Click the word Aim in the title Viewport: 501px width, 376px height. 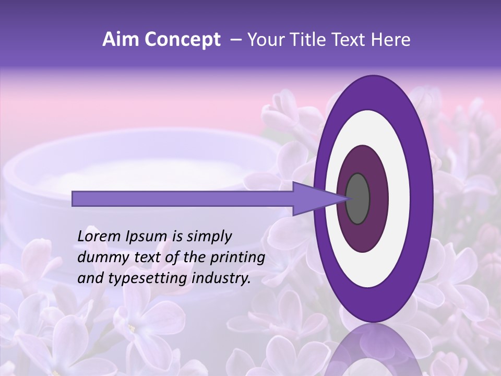click(x=121, y=40)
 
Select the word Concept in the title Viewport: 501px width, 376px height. click(x=182, y=40)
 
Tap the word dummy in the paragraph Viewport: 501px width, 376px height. click(x=100, y=257)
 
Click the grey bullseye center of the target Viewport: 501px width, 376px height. click(x=357, y=198)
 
